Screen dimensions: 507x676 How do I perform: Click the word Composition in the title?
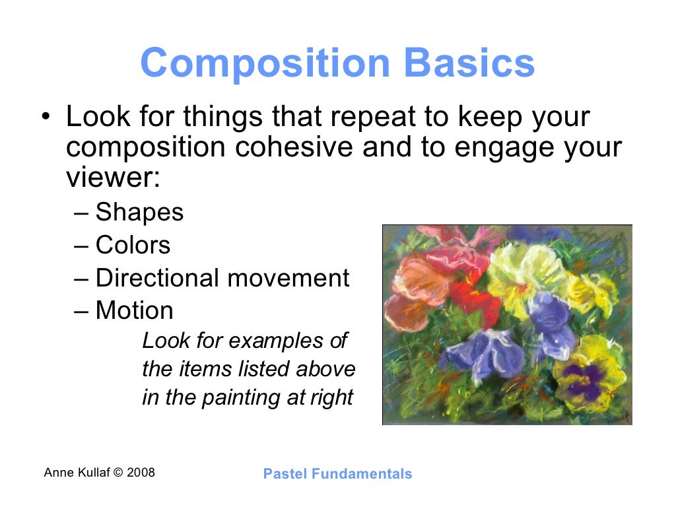pos(265,64)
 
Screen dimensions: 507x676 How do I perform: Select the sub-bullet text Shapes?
pos(139,213)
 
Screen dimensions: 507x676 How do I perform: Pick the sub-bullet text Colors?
pos(133,246)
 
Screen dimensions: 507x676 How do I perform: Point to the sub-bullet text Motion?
pos(134,310)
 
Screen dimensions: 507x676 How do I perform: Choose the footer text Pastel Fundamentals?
pos(337,473)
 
